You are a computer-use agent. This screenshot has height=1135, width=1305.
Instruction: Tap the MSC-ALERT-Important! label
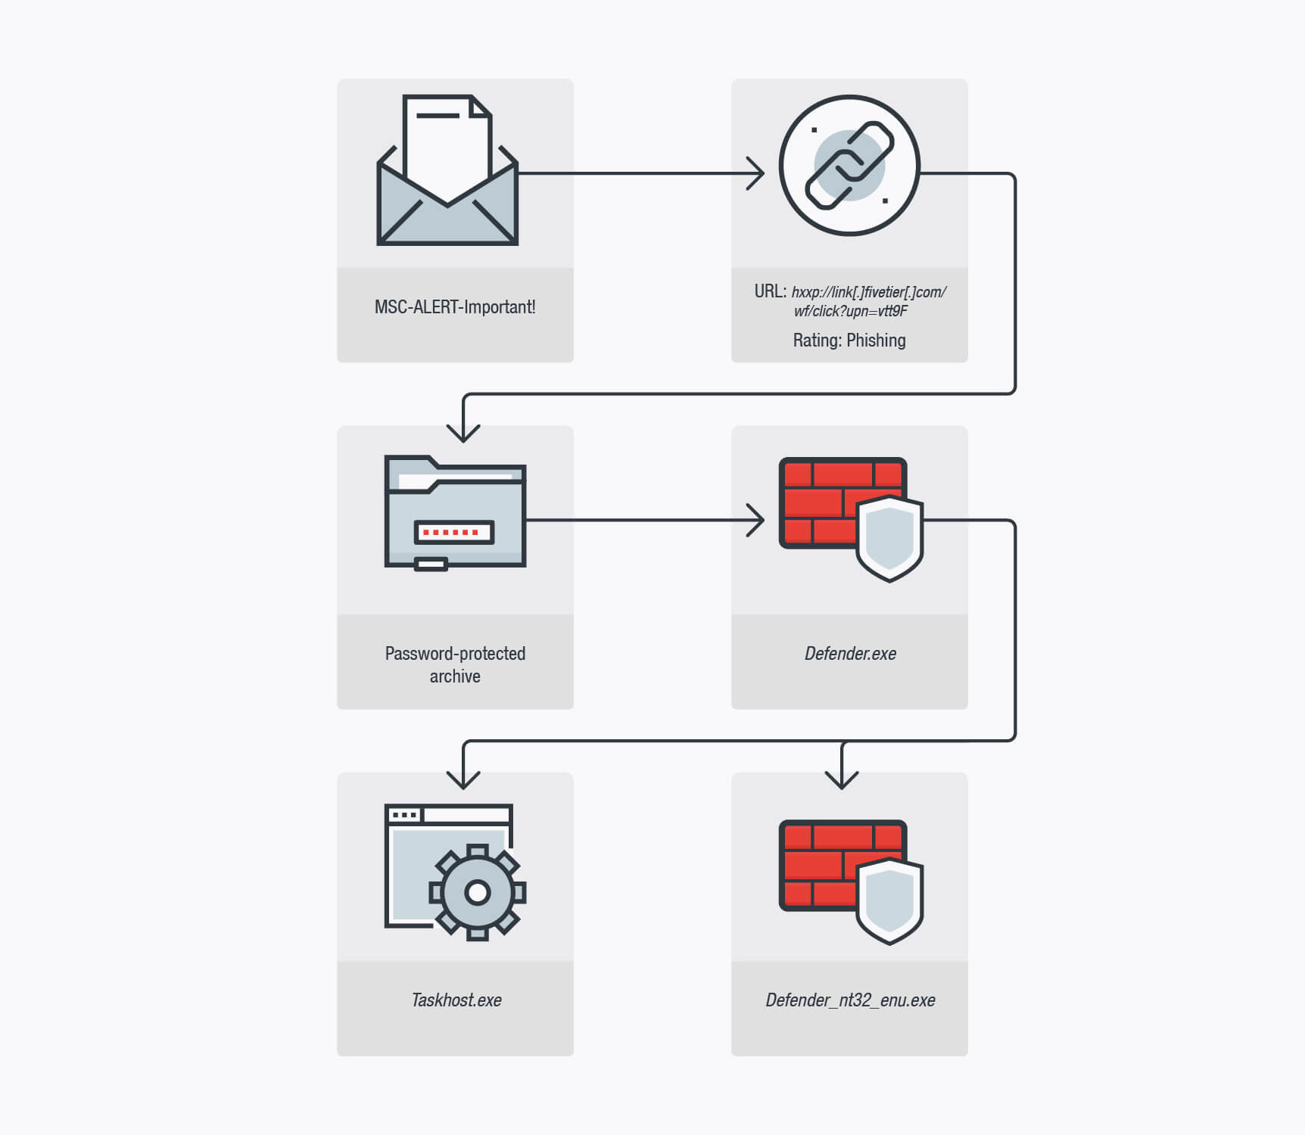pos(455,307)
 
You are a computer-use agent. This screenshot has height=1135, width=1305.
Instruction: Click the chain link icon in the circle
pos(849,165)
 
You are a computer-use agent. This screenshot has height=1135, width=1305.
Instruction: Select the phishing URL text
pos(851,301)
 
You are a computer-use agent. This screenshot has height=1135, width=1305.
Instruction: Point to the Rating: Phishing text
pos(849,340)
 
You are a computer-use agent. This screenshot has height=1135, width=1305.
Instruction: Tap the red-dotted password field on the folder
pos(454,532)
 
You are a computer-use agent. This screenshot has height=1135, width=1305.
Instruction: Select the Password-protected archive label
pos(455,664)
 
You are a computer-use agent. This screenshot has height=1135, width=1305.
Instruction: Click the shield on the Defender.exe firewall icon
pos(889,538)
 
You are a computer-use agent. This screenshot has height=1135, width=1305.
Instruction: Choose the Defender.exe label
pos(850,654)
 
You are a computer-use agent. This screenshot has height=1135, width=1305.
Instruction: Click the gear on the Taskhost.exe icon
pos(477,893)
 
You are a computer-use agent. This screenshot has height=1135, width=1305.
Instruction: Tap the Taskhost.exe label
pos(456,1000)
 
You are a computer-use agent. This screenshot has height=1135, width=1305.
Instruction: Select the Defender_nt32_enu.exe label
pos(850,1000)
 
